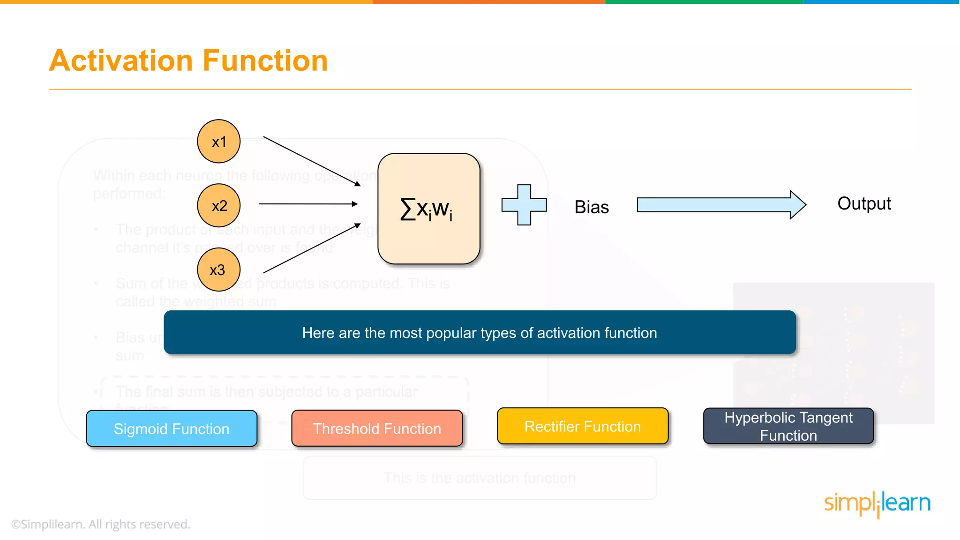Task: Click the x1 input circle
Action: coord(218,141)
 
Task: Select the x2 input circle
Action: coord(218,205)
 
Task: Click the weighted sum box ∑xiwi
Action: coord(428,209)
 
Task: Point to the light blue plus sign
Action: coord(524,205)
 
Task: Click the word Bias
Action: coord(592,207)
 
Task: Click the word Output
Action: coord(864,203)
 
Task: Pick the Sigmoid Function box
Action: coord(172,428)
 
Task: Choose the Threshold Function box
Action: coord(377,428)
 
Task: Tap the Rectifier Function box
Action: coord(583,426)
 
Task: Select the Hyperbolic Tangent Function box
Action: coord(788,426)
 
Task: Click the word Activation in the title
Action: coord(121,61)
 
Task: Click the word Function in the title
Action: coord(265,61)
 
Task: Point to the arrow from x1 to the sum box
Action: coord(312,161)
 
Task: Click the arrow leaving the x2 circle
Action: coord(308,204)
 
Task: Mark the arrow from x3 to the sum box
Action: coord(312,248)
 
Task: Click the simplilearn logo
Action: coord(877,503)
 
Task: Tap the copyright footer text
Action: coord(100,524)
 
